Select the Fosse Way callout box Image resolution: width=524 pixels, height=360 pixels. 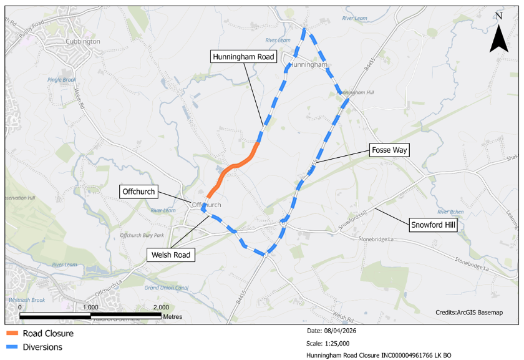[x=389, y=150]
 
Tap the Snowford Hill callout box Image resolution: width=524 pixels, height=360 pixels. [x=432, y=225]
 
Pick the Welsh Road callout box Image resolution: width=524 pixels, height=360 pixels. [x=170, y=255]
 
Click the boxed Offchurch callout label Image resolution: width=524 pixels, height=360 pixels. [x=138, y=192]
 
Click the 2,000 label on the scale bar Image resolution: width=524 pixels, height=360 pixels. [x=161, y=308]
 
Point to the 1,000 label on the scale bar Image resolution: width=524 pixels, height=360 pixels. [x=90, y=308]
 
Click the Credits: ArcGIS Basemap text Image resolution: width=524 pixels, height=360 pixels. [x=468, y=312]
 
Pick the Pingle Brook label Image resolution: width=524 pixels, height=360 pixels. [x=61, y=80]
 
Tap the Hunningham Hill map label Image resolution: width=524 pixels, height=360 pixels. [x=355, y=93]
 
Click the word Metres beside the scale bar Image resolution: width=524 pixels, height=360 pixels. [x=172, y=317]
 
